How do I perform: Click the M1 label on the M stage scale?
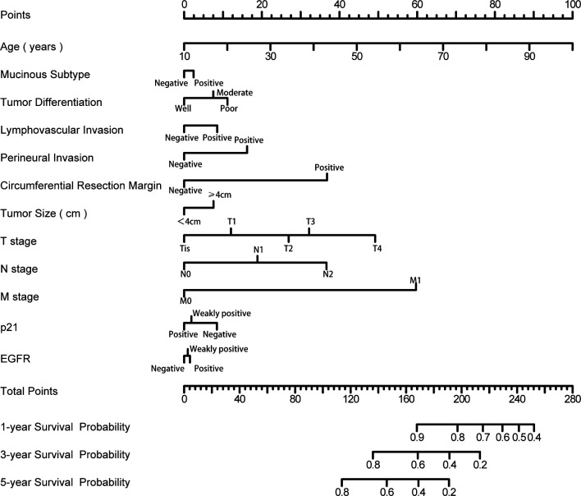coord(415,280)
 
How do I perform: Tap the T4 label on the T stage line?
coord(376,248)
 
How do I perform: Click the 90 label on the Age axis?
coord(529,57)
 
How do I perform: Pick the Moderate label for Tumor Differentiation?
coord(235,93)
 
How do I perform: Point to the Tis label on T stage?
coord(185,248)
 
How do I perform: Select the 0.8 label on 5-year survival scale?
coord(342,492)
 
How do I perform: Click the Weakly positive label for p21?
coord(221,313)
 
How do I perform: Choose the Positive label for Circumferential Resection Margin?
coord(328,168)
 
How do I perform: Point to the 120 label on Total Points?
coord(353,399)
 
